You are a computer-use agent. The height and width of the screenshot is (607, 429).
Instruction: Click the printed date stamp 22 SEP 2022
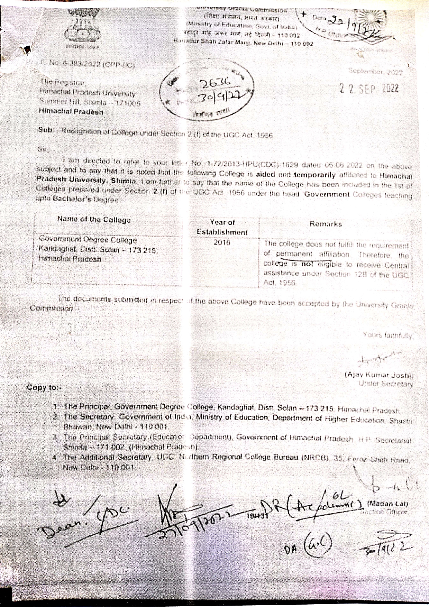369,89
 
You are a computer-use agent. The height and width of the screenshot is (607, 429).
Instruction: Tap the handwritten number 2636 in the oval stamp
215,83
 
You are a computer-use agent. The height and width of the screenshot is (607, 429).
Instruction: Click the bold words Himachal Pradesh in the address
71,112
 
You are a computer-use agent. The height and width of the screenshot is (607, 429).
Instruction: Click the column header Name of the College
94,220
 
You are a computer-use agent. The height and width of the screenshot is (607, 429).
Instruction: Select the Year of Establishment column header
222,227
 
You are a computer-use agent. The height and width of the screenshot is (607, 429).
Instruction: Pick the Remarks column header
326,224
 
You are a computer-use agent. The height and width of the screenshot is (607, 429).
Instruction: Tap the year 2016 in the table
222,242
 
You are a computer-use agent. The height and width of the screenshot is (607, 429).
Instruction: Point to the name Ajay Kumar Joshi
379,375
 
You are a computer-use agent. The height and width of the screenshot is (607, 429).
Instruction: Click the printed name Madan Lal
388,504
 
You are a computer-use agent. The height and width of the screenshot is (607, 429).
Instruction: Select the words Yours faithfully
388,335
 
